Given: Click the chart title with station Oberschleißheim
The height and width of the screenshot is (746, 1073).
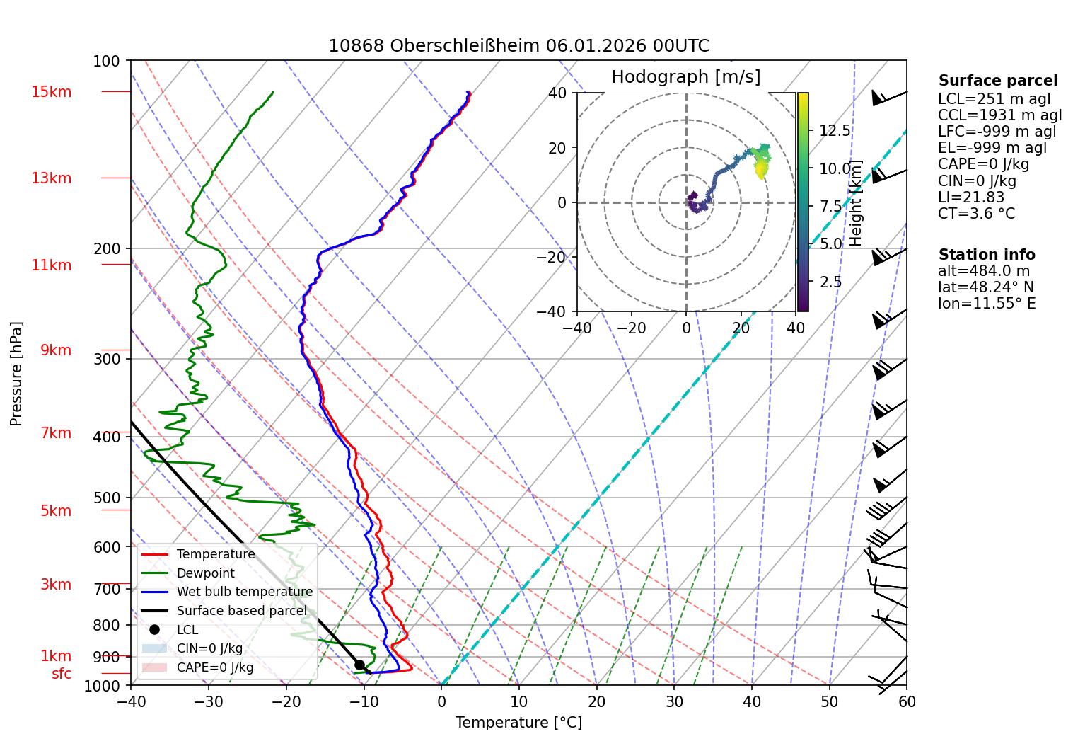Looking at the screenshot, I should pos(518,46).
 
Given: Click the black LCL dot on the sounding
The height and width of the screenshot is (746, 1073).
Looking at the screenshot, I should pos(359,665).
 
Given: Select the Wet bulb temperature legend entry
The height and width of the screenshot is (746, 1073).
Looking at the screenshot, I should pos(244,592).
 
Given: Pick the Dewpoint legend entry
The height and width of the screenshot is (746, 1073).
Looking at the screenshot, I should pos(205,573).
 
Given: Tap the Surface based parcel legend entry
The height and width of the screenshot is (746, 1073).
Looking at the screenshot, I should pos(241,611).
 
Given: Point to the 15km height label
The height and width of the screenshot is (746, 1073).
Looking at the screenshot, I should pos(51,92).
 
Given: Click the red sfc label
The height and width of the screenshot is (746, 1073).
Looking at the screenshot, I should pos(62,674).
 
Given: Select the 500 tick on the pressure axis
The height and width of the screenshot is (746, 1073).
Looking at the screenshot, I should pos(108,498).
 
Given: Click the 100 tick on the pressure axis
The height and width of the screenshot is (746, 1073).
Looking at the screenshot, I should pos(107,62).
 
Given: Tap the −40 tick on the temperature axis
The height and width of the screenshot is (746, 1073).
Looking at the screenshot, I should pos(131,702).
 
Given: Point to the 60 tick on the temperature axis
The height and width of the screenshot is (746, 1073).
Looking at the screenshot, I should pos(907,702).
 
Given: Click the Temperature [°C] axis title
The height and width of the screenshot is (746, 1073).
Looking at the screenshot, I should pos(518,723).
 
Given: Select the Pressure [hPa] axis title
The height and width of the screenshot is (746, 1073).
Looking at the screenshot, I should pos(16,374).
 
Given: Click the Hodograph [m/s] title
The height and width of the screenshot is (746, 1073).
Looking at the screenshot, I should pos(685,77).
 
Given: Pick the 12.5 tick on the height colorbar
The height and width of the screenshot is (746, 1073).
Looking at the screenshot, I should pos(835,131).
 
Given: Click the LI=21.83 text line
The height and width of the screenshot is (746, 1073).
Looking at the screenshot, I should pos(971,197).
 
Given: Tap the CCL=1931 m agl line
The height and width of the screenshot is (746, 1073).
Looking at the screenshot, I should pos(999,115).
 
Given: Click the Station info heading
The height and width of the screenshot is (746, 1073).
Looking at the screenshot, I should pos(986,255).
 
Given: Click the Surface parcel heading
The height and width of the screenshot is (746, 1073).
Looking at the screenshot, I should pos(997,81).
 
